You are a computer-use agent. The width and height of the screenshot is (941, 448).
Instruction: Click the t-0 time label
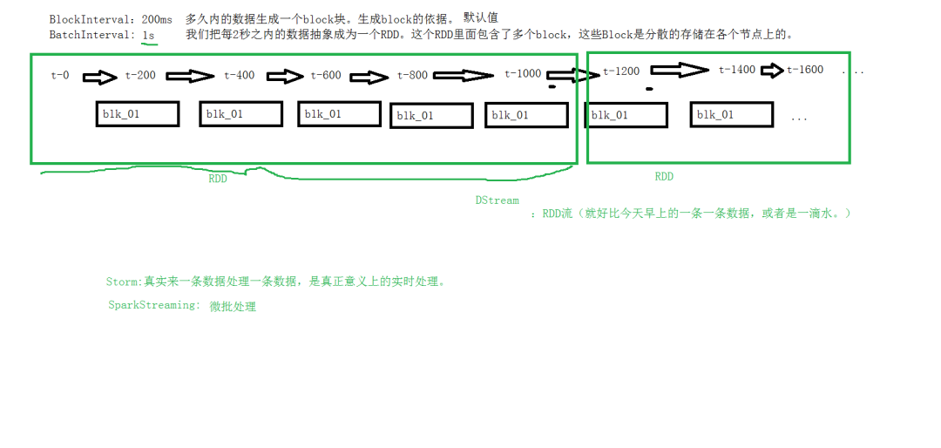pyautogui.click(x=60, y=75)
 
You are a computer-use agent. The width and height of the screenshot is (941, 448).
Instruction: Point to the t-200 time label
pyautogui.click(x=140, y=75)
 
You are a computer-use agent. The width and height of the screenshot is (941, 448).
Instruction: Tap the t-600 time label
pyautogui.click(x=326, y=75)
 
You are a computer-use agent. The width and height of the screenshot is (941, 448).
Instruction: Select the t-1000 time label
pyautogui.click(x=523, y=73)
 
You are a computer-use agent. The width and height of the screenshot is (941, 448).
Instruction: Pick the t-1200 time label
pyautogui.click(x=621, y=71)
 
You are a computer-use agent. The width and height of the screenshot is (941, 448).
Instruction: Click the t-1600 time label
pyautogui.click(x=805, y=70)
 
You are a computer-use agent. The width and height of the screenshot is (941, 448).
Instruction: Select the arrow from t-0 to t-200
pyautogui.click(x=99, y=77)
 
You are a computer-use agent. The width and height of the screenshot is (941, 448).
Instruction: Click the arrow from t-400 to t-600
pyautogui.click(x=286, y=77)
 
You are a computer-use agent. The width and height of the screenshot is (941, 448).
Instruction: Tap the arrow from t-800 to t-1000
pyautogui.click(x=464, y=76)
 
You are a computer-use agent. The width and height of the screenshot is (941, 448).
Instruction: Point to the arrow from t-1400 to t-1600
pyautogui.click(x=772, y=71)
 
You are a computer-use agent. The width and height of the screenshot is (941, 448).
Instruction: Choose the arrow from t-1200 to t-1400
pyautogui.click(x=680, y=71)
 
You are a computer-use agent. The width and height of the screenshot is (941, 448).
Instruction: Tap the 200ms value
pyautogui.click(x=157, y=19)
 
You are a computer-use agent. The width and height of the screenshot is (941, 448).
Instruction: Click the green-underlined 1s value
pyautogui.click(x=148, y=35)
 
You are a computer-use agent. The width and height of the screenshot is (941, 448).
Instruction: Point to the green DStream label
pyautogui.click(x=497, y=200)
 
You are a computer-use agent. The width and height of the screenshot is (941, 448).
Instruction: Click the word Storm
pyautogui.click(x=123, y=282)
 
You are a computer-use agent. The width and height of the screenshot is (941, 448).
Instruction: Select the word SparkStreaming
pyautogui.click(x=152, y=305)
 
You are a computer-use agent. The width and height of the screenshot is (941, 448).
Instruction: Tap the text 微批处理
pyautogui.click(x=233, y=307)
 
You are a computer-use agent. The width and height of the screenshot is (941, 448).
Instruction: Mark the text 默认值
pyautogui.click(x=481, y=18)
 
